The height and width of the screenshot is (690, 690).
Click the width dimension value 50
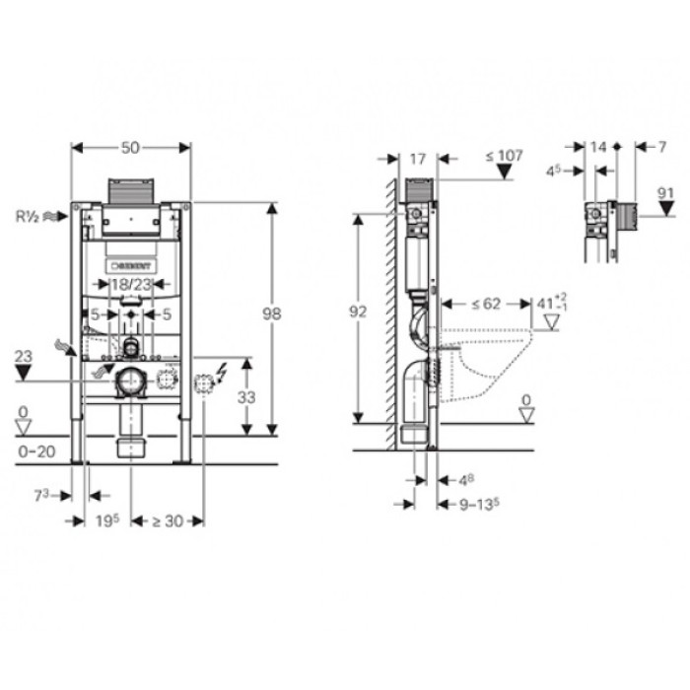[x=131, y=147]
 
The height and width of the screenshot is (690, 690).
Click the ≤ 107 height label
[x=504, y=155]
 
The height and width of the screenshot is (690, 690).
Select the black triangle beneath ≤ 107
[x=505, y=172]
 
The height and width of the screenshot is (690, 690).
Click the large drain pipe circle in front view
[x=129, y=380]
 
